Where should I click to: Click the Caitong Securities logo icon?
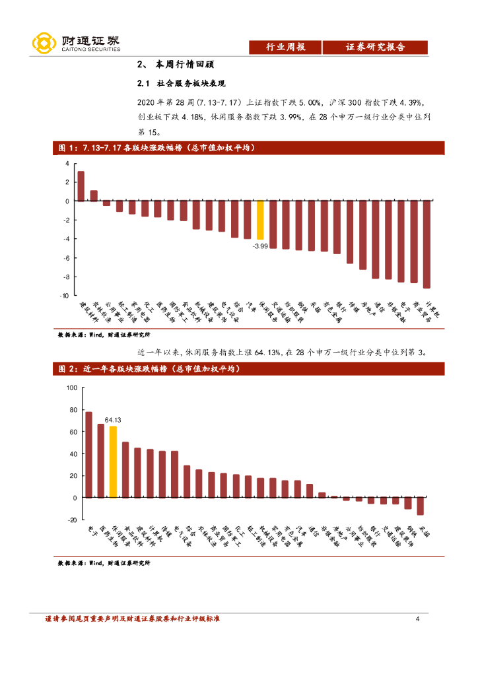(x=44, y=44)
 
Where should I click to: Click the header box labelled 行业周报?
(x=285, y=48)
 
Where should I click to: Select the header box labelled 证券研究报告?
(x=375, y=48)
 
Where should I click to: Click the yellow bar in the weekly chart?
(x=260, y=220)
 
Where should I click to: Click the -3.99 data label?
(x=260, y=246)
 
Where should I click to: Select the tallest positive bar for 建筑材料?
(x=81, y=186)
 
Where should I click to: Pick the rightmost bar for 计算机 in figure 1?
(x=427, y=244)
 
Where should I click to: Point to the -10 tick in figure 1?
(x=65, y=296)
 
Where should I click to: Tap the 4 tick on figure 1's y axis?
(x=67, y=163)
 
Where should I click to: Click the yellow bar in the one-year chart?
(x=114, y=461)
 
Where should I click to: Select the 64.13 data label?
(x=113, y=420)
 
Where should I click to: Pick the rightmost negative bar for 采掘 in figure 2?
(x=420, y=506)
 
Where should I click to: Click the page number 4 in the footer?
(x=417, y=619)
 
